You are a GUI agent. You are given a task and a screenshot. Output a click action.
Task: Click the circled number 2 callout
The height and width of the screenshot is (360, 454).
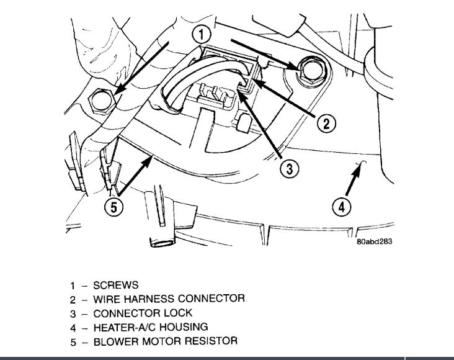click(x=327, y=124)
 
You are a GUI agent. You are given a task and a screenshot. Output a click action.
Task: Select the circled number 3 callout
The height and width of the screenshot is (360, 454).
click(x=288, y=167)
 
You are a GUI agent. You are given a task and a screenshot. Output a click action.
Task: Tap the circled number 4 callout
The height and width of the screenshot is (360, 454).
click(x=342, y=205)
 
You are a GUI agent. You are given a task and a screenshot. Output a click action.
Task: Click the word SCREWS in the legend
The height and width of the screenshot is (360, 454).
click(x=115, y=286)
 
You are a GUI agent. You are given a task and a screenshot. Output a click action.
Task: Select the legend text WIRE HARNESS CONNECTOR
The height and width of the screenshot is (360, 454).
click(x=168, y=299)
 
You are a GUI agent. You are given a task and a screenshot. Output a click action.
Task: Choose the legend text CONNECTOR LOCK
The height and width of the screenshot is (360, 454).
click(x=142, y=313)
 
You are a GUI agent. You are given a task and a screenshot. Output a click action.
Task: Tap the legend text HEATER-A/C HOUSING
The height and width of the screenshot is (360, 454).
click(x=150, y=326)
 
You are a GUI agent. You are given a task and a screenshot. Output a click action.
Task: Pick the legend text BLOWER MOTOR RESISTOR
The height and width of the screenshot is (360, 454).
click(x=164, y=341)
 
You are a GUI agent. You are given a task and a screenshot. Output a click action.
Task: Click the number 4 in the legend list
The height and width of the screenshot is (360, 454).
click(x=73, y=326)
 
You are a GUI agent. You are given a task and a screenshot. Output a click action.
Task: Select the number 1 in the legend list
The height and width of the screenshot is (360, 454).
click(x=73, y=286)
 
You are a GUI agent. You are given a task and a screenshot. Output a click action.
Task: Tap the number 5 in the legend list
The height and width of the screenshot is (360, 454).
click(x=73, y=341)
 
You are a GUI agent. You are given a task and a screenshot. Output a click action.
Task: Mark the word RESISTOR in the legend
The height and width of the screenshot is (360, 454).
click(x=213, y=341)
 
